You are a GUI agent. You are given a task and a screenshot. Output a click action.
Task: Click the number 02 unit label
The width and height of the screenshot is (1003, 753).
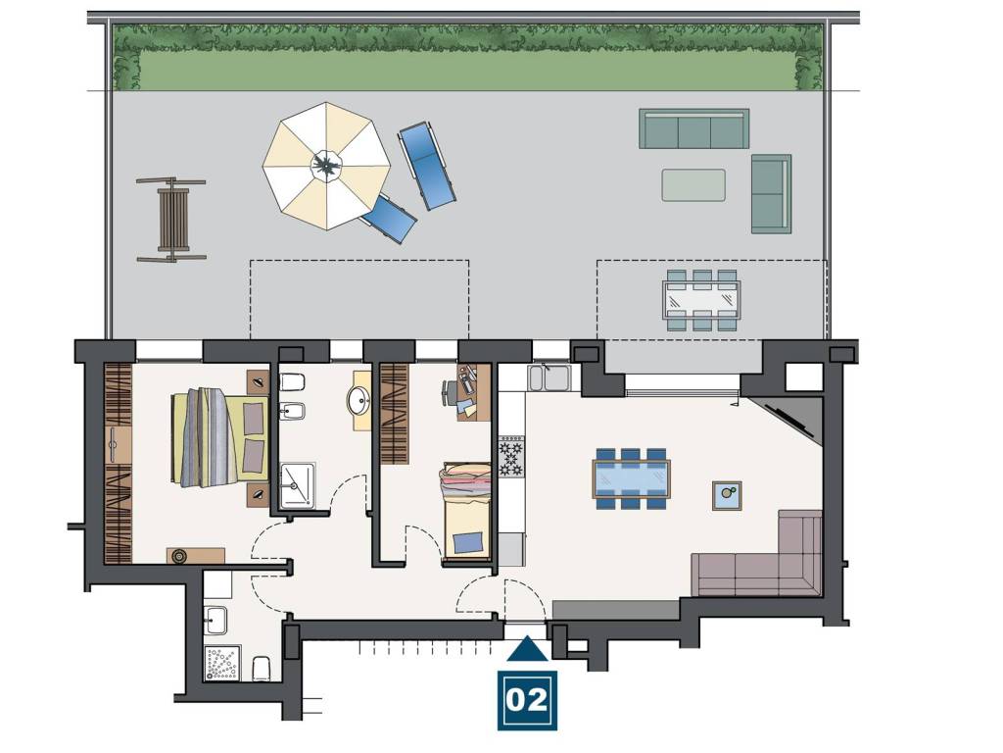pos(527,699)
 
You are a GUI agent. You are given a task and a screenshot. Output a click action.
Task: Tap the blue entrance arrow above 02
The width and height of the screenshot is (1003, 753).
pos(527,649)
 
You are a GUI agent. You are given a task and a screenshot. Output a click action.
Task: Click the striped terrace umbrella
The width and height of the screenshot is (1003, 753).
pos(326,166)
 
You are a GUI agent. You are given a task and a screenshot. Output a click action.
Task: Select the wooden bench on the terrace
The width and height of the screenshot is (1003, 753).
pos(172,221)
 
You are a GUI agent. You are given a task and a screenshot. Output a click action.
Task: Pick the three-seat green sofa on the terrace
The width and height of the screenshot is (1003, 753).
pos(694,128)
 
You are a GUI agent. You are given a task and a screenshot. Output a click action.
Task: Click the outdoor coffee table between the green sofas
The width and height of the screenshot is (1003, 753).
pos(693,185)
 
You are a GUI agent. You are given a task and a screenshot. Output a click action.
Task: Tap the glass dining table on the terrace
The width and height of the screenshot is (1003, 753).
pos(701,300)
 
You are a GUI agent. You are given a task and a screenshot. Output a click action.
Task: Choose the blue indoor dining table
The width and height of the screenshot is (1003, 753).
pos(632,478)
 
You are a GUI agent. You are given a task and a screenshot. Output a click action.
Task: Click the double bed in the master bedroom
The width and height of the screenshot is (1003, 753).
pos(219,438)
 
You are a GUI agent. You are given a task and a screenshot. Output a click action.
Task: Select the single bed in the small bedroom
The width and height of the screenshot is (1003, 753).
pos(466,512)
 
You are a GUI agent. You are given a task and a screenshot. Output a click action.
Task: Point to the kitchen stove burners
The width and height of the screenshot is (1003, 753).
pos(511,456)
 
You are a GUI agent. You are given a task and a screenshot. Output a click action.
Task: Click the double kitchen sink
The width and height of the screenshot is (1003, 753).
pos(549,377)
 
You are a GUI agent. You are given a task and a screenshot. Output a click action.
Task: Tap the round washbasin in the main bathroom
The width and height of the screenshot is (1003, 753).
pos(359,401)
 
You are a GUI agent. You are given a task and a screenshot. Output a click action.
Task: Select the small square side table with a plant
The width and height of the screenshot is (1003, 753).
pos(727,495)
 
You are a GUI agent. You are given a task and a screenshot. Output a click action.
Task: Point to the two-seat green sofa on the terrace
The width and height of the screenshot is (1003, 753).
pos(772,194)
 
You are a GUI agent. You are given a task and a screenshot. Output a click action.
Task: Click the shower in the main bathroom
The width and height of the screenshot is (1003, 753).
pos(298,486)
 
